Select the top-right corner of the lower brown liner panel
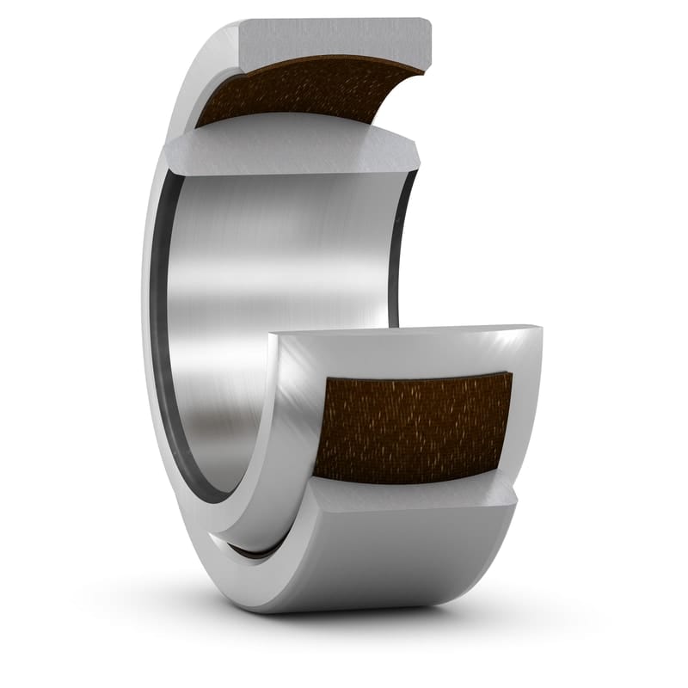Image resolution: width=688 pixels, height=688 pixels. click(x=511, y=374)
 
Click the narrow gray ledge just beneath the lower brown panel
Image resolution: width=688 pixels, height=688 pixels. click(x=413, y=493)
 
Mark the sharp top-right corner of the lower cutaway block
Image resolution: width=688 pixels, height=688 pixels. click(x=541, y=326)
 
